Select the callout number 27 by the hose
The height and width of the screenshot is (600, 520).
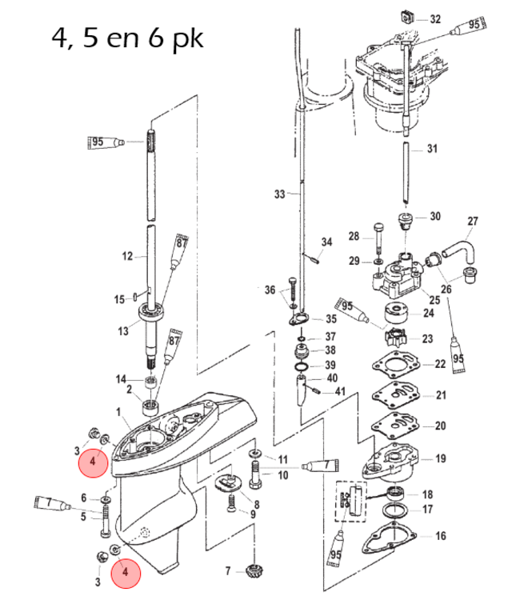coord(472,221)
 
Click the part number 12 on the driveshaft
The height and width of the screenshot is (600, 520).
coord(127,256)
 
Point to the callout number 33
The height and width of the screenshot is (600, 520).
coord(279,194)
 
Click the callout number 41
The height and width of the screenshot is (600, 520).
coord(340,392)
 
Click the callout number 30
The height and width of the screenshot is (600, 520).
coord(435,216)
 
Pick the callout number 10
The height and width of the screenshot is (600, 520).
coord(282,475)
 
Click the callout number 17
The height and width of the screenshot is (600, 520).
coord(427,509)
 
